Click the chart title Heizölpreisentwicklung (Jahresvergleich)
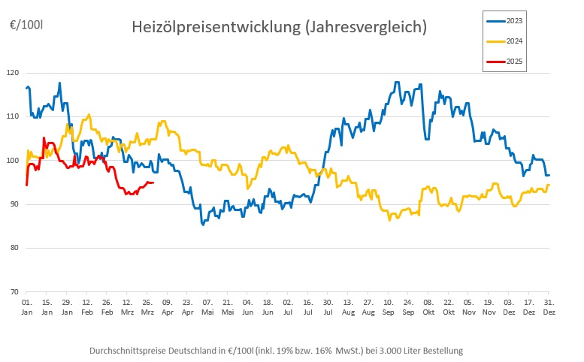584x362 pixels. coord(279,27)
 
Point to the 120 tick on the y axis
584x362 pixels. coord(13,73)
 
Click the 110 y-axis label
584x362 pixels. coord(13,116)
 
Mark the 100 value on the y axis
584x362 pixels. coord(13,161)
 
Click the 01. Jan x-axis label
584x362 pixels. coord(26,306)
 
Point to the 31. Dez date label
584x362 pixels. coord(549,306)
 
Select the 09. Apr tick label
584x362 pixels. coord(167,306)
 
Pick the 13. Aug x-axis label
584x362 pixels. coord(347,306)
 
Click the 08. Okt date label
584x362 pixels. coord(428,306)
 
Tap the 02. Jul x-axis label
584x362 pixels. coord(287,306)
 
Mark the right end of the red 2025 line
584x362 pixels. coord(153,183)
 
